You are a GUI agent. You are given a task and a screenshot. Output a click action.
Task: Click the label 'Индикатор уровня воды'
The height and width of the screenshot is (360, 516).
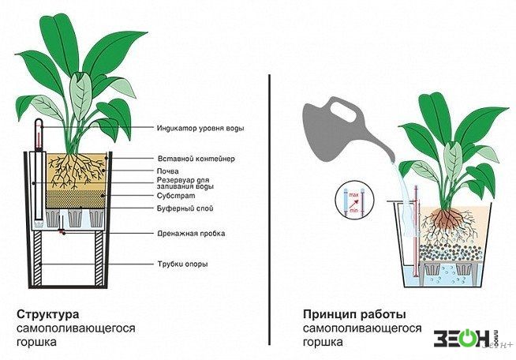click(x=200, y=128)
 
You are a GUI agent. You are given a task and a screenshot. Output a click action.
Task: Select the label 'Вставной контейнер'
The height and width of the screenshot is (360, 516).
click(x=196, y=159)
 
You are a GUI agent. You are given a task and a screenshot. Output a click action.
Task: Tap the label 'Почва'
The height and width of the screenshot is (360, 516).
click(x=168, y=171)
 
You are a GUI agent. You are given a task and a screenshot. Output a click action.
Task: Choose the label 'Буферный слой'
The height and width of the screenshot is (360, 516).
click(x=185, y=208)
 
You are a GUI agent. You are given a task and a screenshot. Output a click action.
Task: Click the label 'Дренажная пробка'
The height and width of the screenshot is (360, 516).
click(x=191, y=234)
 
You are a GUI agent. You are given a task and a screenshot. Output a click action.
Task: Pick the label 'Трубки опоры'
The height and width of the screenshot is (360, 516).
click(x=182, y=264)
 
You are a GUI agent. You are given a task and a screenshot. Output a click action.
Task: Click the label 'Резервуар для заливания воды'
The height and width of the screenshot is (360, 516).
click(x=185, y=183)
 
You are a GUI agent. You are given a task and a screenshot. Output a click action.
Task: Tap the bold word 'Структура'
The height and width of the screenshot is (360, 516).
click(x=48, y=314)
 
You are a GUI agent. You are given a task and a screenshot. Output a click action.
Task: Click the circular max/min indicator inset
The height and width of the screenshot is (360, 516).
click(x=353, y=200)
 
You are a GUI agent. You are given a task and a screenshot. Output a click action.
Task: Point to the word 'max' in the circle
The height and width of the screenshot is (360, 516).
click(x=353, y=195)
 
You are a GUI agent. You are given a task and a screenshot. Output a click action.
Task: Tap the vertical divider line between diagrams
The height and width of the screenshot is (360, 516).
click(x=270, y=209)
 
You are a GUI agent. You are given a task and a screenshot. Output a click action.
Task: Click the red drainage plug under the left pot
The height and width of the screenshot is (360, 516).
click(x=62, y=232)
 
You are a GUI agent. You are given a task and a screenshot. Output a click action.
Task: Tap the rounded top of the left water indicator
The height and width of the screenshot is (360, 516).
click(x=39, y=121)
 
